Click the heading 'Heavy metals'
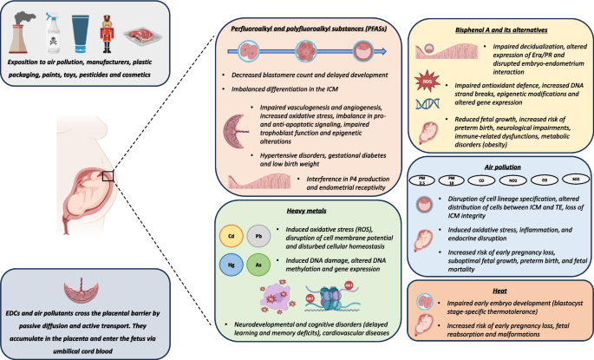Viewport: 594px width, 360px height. tap(299, 210)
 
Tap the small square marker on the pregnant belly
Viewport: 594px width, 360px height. tap(108, 175)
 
